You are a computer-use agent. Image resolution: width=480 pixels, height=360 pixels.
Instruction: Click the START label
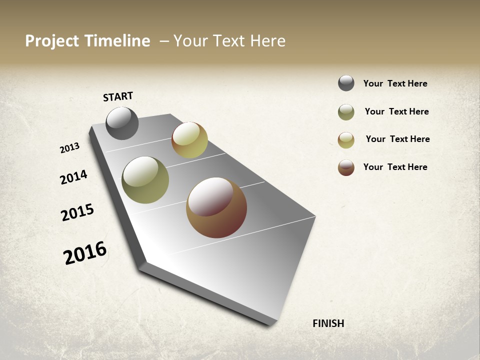point(118,96)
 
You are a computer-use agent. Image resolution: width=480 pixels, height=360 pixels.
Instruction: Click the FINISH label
point(328,323)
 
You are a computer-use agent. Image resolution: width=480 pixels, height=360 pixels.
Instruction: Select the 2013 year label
point(69,148)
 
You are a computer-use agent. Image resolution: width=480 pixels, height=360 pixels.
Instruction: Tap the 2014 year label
point(73,177)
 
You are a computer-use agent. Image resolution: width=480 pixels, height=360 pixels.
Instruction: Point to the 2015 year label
point(77,212)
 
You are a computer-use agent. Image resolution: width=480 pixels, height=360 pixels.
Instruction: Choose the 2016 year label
point(85,252)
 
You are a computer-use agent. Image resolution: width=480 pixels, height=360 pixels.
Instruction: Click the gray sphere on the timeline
point(122,123)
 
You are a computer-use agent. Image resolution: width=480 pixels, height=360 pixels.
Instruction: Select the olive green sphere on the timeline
point(145,180)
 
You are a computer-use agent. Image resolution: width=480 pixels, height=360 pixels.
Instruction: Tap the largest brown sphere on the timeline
point(216,207)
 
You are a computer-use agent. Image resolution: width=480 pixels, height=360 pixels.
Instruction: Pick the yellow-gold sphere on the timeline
point(189,140)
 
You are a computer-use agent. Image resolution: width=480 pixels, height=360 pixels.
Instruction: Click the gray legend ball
point(346,83)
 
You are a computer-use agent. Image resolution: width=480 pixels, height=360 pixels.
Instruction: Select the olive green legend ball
point(346,112)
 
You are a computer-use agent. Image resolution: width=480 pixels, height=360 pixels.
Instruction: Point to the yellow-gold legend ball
point(346,140)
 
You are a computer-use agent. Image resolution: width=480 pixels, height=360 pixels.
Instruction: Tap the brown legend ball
point(346,167)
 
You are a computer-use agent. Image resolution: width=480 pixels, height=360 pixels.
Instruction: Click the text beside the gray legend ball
point(395,83)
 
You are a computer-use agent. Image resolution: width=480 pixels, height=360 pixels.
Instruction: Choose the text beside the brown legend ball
point(395,167)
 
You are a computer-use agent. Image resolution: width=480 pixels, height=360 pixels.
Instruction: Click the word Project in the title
point(52,41)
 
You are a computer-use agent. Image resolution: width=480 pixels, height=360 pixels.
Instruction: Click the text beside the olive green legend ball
point(396,111)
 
